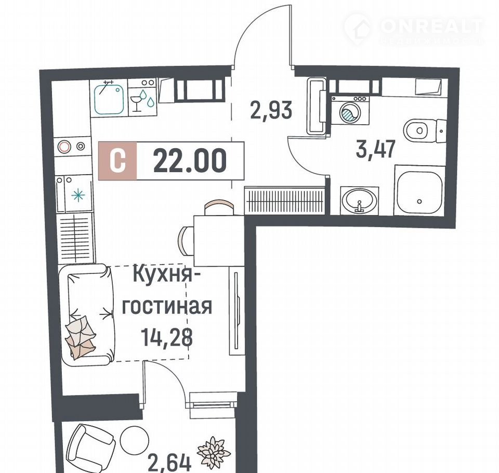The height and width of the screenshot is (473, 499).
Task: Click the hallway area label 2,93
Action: coord(271,110)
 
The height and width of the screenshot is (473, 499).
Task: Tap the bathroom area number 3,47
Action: coord(376,149)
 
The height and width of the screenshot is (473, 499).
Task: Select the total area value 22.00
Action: coord(190,161)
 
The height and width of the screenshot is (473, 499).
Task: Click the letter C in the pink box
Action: coord(117,161)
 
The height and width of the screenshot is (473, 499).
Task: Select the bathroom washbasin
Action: coord(359,201)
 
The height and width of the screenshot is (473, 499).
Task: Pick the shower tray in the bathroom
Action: coord(419,190)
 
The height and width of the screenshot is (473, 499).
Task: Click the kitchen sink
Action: coord(109,98)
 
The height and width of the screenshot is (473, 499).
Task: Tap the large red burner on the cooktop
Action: coord(63,147)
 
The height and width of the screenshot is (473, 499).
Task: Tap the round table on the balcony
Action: coord(135,439)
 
